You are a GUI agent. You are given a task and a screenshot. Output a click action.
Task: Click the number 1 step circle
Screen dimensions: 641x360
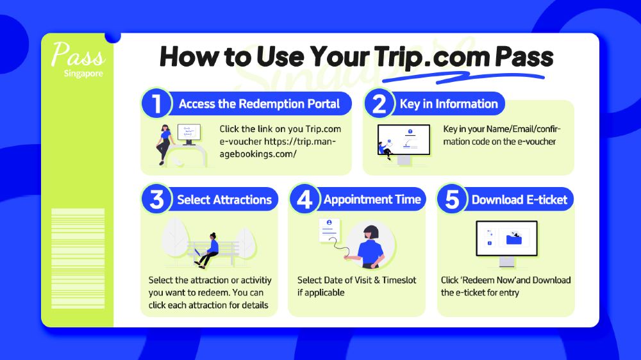(156, 103)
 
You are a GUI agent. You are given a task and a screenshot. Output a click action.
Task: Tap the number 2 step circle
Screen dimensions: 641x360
(379, 103)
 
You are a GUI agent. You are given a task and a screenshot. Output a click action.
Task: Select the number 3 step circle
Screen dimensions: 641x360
(156, 199)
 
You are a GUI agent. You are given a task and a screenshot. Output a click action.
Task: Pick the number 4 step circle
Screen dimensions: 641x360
(304, 199)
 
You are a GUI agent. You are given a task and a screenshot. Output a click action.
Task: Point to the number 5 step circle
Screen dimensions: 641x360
(452, 199)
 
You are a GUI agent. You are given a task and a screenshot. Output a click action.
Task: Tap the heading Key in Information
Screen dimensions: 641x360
(449, 104)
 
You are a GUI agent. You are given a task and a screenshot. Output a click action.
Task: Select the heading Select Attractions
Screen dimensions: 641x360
(224, 200)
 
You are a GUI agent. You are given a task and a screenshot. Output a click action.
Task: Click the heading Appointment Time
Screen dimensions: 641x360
(372, 199)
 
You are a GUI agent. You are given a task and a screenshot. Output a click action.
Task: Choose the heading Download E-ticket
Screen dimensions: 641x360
(520, 200)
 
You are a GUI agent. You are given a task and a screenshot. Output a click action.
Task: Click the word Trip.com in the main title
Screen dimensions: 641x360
(431, 56)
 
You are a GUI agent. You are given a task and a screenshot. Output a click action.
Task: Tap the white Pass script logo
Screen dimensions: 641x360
(78, 54)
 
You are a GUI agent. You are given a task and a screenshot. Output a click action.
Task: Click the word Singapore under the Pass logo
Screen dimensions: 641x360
(83, 74)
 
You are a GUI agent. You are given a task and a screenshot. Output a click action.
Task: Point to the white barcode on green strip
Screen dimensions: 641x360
(78, 258)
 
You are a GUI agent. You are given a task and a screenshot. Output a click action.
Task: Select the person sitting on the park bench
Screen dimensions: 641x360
(208, 250)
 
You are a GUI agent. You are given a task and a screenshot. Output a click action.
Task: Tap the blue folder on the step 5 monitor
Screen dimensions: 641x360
(514, 238)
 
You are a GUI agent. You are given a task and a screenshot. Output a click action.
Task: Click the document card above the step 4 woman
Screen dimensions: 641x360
(329, 231)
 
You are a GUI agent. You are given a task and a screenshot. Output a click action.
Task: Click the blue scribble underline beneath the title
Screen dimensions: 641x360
(463, 77)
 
